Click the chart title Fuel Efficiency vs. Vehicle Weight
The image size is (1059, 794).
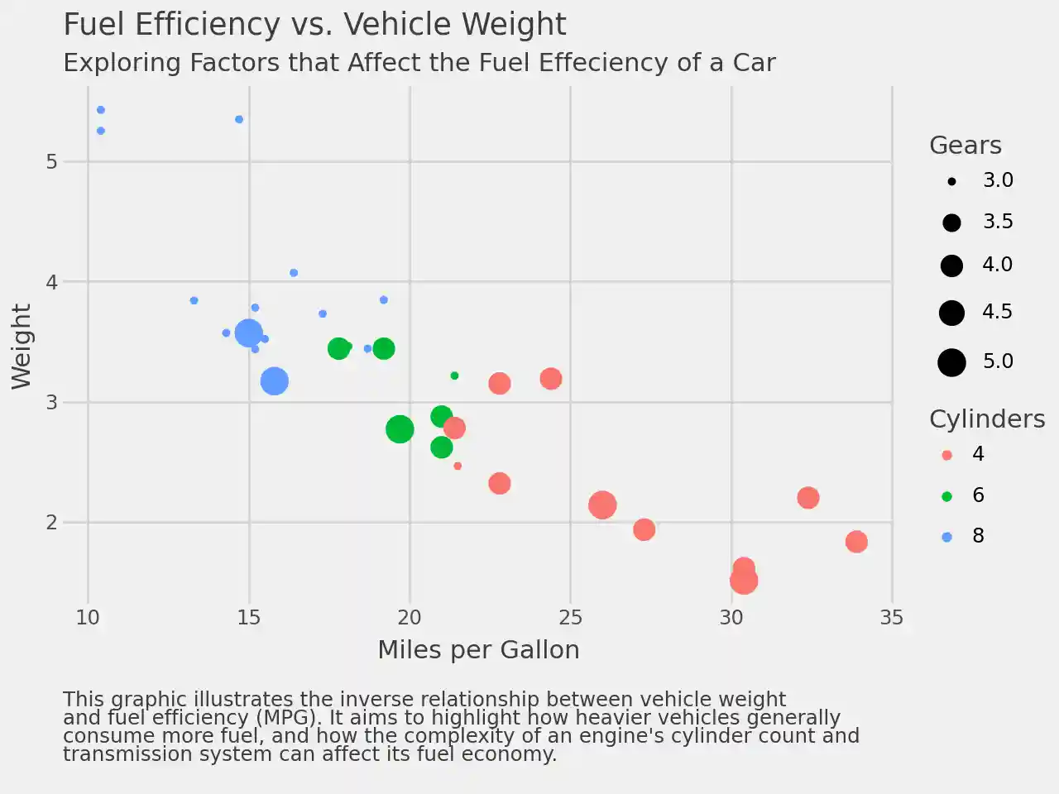tap(314, 25)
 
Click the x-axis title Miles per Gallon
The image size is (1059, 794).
tap(478, 650)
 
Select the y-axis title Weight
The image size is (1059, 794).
tap(22, 347)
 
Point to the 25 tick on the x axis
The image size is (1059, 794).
tap(570, 618)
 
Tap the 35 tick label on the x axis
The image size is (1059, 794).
tap(892, 618)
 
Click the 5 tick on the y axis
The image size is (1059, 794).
tap(52, 161)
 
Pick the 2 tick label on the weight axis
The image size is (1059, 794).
tap(52, 522)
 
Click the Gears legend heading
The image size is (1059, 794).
tap(965, 146)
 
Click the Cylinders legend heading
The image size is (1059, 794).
tap(987, 419)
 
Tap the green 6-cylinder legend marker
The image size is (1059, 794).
tap(947, 496)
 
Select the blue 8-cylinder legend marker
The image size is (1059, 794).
tap(947, 537)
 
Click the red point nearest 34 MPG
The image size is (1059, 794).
tap(856, 542)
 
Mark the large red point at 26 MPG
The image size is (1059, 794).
tap(602, 505)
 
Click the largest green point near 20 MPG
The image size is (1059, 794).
tap(400, 428)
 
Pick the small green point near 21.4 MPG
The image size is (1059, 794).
tap(454, 375)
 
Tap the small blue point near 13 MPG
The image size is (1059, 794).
tap(194, 300)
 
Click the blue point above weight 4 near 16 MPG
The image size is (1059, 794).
tap(294, 273)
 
